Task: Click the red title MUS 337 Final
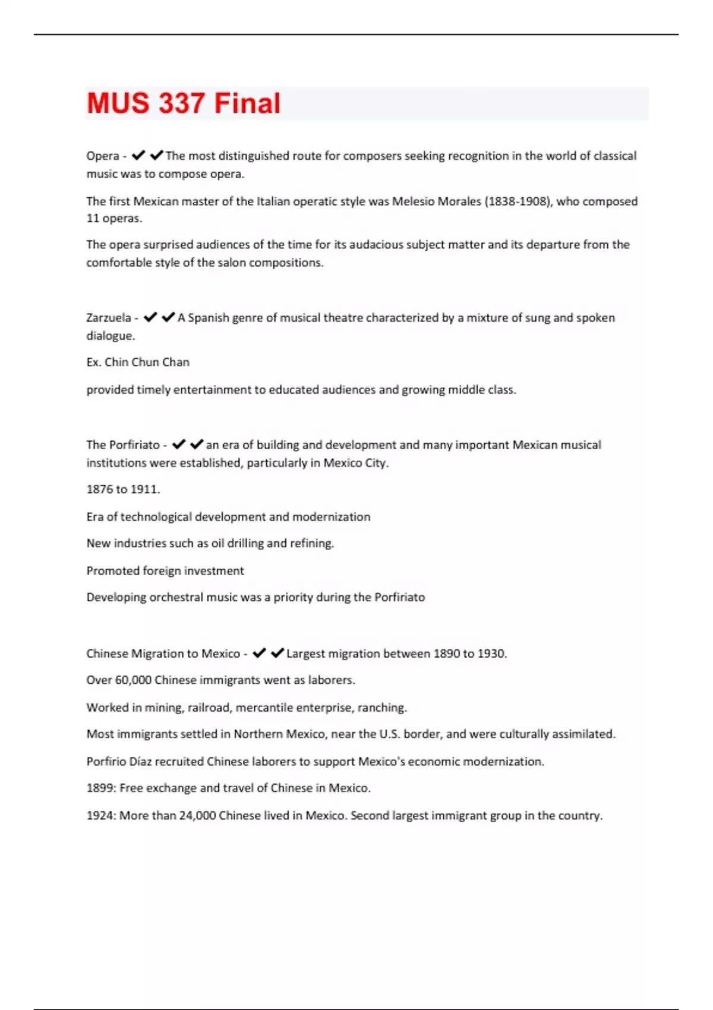(184, 103)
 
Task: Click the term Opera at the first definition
(103, 156)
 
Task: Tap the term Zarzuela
(109, 318)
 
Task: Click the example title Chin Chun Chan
(147, 362)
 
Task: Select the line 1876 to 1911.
(123, 490)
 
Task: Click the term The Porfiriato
(123, 445)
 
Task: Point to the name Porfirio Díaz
(119, 762)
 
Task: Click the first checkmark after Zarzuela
(150, 318)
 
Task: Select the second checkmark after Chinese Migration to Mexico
(277, 654)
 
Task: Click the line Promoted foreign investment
(165, 571)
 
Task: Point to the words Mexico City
(355, 463)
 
